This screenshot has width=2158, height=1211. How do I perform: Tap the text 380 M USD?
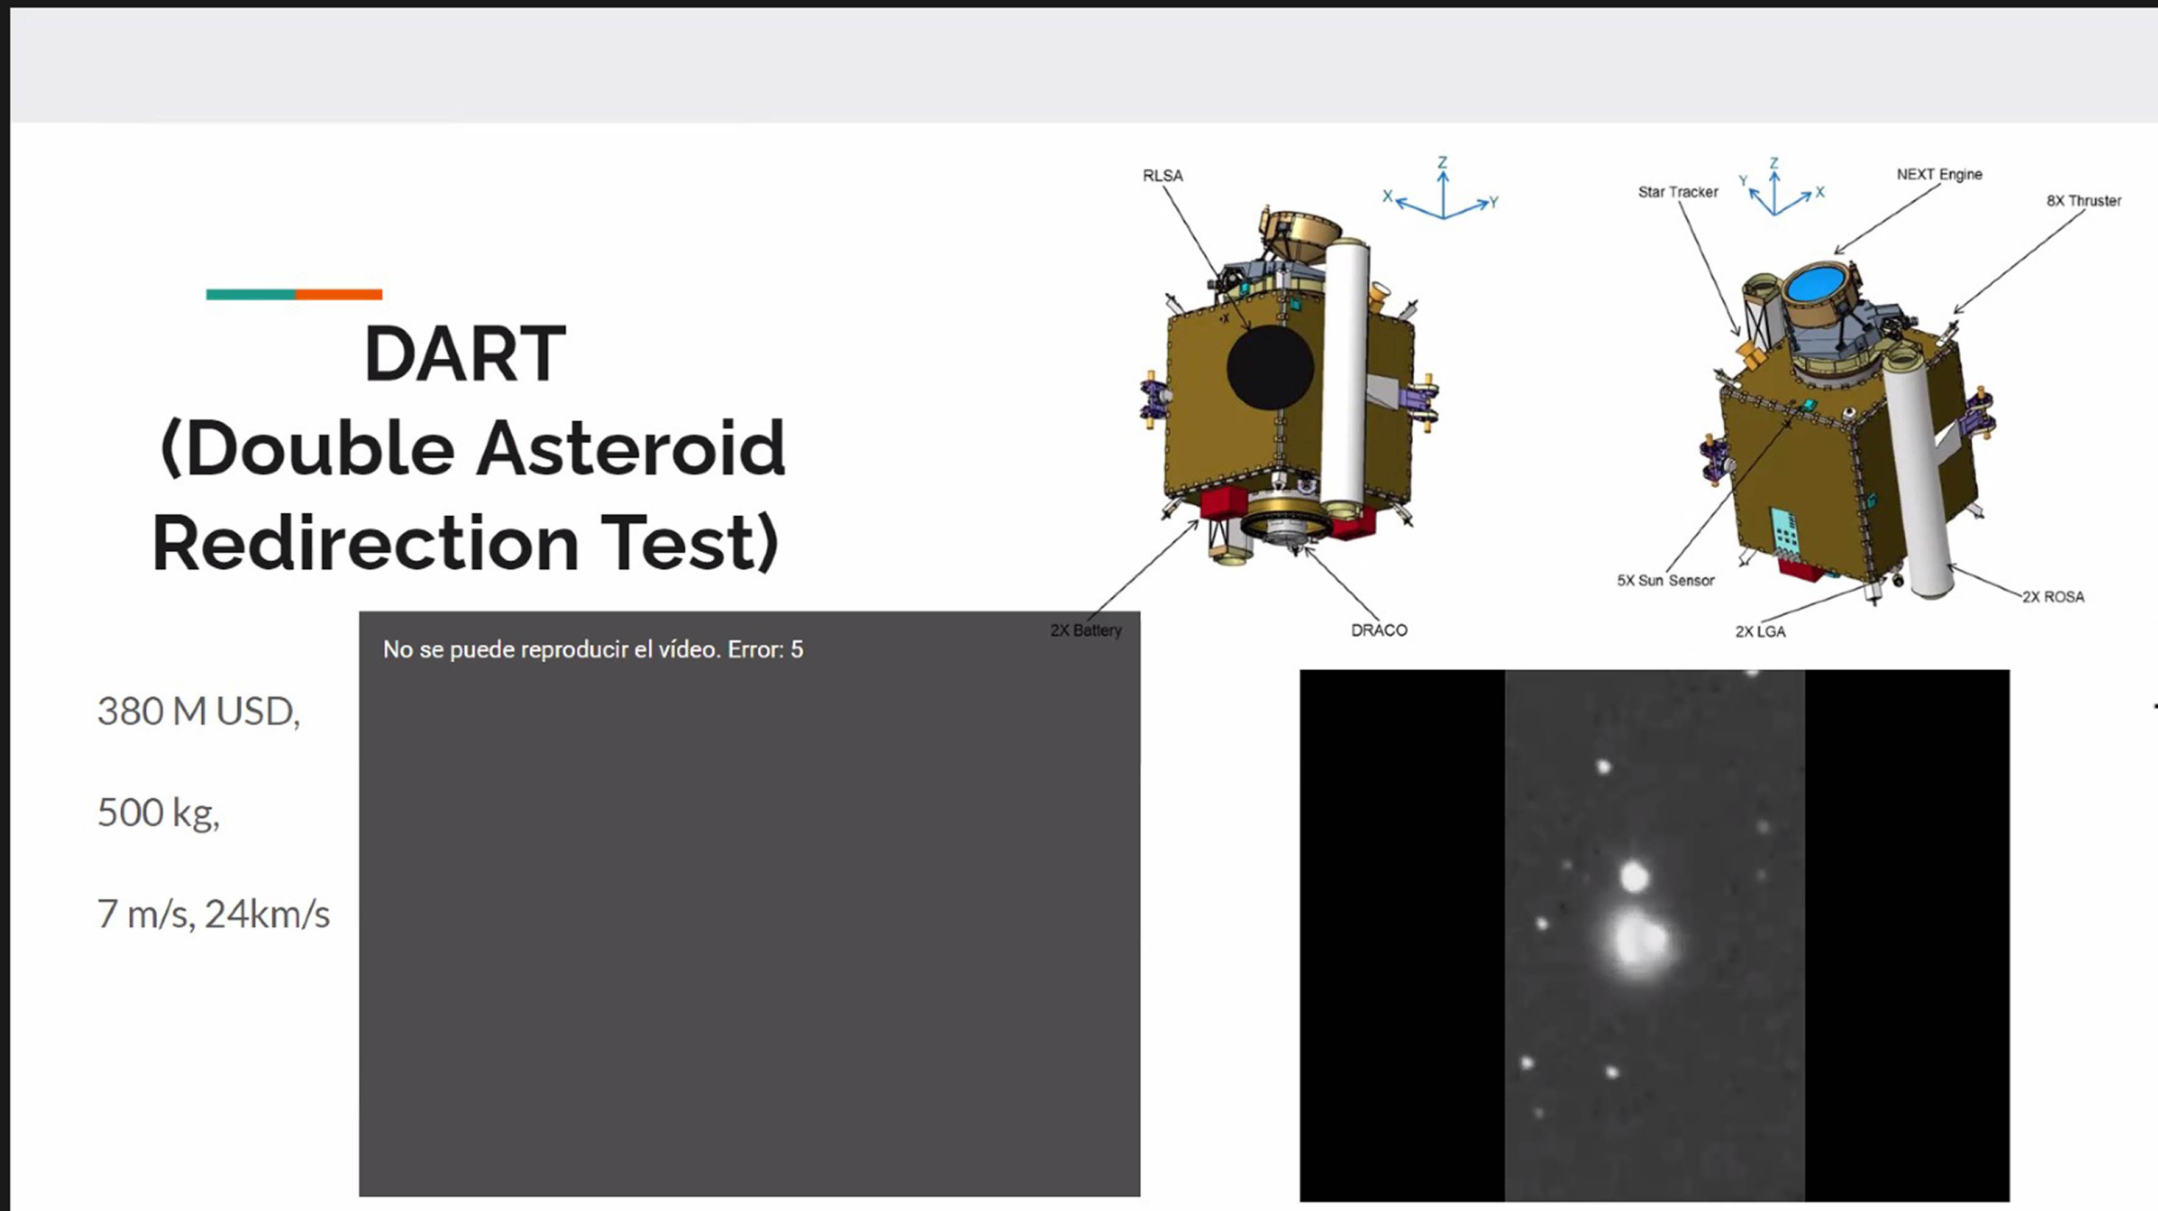point(199,712)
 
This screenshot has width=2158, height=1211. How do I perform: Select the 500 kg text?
point(158,812)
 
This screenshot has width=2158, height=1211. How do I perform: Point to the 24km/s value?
point(267,914)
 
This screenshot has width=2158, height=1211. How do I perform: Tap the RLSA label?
point(1163,176)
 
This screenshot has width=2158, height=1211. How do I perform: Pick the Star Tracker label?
point(1678,192)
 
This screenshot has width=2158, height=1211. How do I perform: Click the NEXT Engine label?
point(1939,174)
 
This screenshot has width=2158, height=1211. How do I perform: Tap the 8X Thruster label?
point(2084,200)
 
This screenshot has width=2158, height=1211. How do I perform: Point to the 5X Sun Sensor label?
point(1665,580)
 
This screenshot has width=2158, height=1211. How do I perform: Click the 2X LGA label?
point(1760,631)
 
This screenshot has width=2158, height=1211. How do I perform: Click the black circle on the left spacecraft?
point(1270,367)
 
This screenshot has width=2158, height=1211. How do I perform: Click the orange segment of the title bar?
point(339,294)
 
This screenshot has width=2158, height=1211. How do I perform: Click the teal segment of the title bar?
point(250,294)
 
